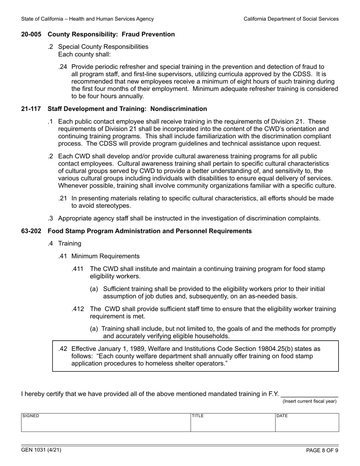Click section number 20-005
point(32,34)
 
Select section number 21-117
point(32,109)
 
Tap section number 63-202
point(32,231)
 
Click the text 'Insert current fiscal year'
point(309,402)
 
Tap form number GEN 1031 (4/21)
point(41,450)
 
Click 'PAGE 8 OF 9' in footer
point(322,450)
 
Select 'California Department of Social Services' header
point(291,19)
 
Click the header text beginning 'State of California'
point(88,19)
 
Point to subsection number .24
point(63,67)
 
